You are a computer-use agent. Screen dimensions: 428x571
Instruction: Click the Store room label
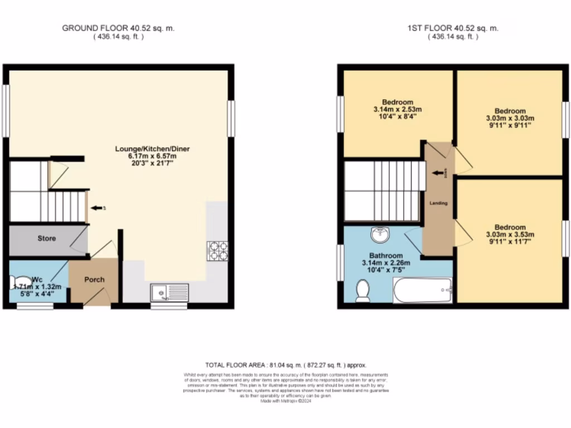pos(47,239)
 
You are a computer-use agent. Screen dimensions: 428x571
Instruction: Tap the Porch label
pos(94,279)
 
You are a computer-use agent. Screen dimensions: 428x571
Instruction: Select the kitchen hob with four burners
pos(217,251)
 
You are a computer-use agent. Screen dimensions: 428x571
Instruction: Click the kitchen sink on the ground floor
pos(170,291)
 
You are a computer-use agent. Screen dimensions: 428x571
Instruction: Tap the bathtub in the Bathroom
pos(423,292)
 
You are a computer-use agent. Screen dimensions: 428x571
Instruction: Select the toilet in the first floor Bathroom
pos(364,290)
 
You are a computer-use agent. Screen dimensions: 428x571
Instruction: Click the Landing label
pos(438,203)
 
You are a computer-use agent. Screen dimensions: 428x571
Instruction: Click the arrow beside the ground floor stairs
pos(97,208)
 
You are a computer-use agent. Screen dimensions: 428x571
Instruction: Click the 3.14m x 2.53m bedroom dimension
pos(394,109)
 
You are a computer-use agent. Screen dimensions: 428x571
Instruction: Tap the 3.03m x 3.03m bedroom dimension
pos(510,118)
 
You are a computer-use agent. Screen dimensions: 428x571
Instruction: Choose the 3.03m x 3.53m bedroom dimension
pos(510,235)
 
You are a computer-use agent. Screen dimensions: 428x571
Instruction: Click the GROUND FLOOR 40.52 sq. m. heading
pos(118,28)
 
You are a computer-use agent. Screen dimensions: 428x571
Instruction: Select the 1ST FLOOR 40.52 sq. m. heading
pos(453,28)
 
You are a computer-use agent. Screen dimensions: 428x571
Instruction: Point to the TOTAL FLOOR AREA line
pos(285,365)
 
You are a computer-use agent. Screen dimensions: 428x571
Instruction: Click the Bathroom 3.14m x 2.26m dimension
pos(386,262)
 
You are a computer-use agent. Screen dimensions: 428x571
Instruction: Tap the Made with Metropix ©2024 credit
pos(285,400)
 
